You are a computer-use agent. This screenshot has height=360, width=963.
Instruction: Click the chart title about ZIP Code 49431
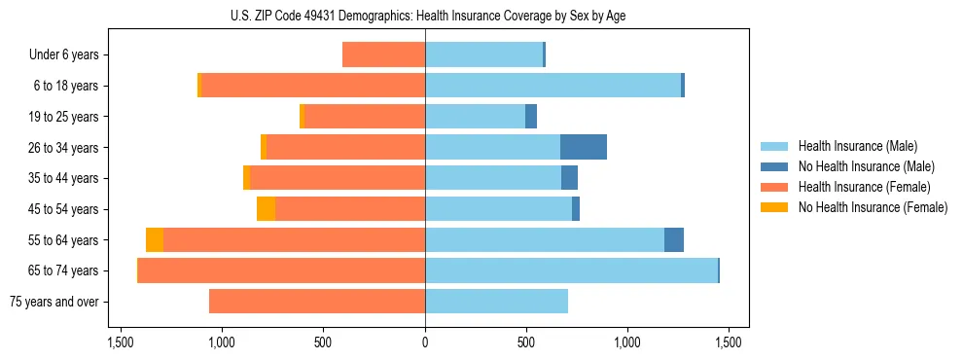pos(424,16)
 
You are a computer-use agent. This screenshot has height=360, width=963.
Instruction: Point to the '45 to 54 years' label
pos(63,209)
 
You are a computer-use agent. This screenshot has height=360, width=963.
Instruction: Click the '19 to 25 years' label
pos(63,117)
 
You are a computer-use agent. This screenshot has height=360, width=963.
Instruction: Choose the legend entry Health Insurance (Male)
pos(857,146)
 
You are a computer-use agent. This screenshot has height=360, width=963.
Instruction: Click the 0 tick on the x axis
pos(425,342)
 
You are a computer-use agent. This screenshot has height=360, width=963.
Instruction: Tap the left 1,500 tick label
pos(121,342)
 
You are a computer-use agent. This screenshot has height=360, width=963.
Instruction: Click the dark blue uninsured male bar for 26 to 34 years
pos(584,147)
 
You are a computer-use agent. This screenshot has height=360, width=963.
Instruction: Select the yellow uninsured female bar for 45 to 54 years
pos(266,209)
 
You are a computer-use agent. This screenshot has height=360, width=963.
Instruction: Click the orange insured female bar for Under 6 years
pos(383,54)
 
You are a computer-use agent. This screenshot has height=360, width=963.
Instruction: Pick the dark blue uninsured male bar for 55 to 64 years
pos(674,239)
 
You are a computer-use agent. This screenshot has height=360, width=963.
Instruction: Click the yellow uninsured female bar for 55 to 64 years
pos(155,239)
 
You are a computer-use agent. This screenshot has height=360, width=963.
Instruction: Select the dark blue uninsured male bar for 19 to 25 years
pos(531,117)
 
